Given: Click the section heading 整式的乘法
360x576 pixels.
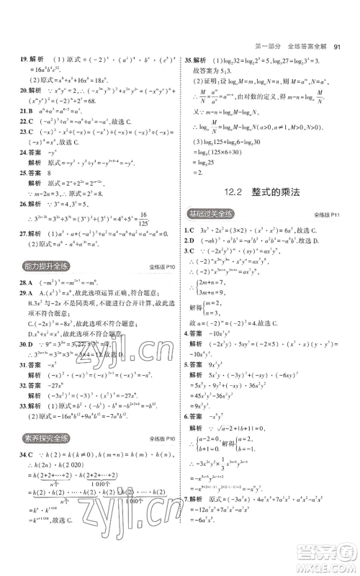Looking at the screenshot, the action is click(284, 192).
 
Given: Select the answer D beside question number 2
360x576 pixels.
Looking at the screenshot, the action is click(196, 238).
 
